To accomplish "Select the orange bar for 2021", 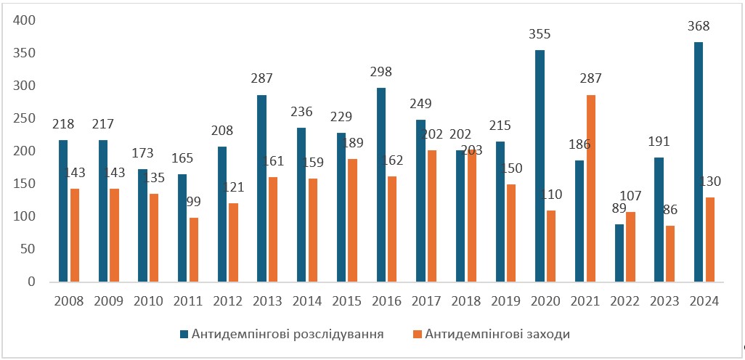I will (x=590, y=188).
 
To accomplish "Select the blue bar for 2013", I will (x=261, y=188).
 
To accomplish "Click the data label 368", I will (x=698, y=26).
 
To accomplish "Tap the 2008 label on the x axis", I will (x=68, y=300).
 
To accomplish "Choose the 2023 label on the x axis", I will (x=664, y=300).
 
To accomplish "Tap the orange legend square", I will (x=416, y=335).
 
